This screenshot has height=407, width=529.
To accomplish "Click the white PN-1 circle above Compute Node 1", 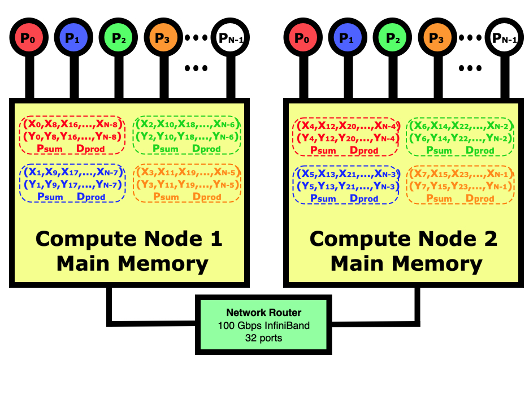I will click(x=231, y=38).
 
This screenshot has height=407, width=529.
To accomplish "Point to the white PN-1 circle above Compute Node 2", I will click(x=505, y=38).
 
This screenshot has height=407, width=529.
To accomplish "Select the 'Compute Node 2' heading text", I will click(x=403, y=239).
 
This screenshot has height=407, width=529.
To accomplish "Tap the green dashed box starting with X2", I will click(x=187, y=135).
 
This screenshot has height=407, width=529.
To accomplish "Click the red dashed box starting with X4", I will click(x=346, y=137).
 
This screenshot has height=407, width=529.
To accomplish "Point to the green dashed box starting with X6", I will click(x=461, y=137).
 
